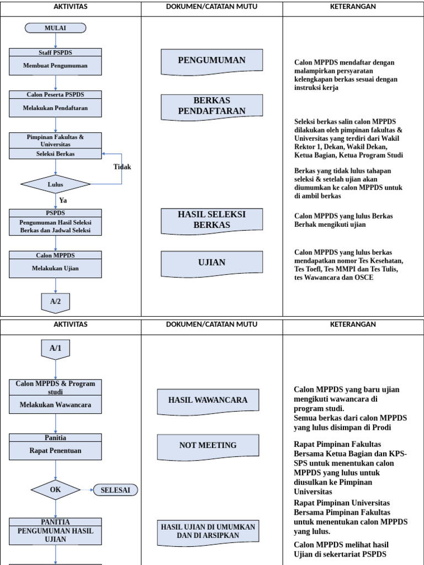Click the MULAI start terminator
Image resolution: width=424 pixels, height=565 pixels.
pyautogui.click(x=55, y=28)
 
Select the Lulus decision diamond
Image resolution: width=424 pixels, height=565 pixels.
pyautogui.click(x=55, y=184)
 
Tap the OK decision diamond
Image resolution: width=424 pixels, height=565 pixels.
pyautogui.click(x=55, y=489)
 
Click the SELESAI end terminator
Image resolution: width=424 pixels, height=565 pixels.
pyautogui.click(x=115, y=490)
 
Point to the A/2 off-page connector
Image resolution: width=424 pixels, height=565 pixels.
pyautogui.click(x=56, y=302)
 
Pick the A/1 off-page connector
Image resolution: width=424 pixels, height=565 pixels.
pyautogui.click(x=56, y=349)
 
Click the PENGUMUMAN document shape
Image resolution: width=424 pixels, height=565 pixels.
pyautogui.click(x=211, y=61)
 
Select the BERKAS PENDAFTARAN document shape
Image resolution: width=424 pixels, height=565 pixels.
pyautogui.click(x=211, y=106)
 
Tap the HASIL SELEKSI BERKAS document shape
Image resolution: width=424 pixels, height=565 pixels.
pyautogui.click(x=211, y=220)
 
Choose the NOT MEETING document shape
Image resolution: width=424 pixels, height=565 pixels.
pyautogui.click(x=208, y=445)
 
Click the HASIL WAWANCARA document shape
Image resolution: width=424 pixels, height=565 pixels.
pyautogui.click(x=208, y=400)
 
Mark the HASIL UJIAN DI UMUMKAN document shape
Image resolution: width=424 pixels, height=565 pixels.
pyautogui.click(x=208, y=531)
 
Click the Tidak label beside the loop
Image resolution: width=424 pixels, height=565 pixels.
pyautogui.click(x=122, y=167)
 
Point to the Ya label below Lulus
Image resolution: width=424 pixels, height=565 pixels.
pyautogui.click(x=63, y=200)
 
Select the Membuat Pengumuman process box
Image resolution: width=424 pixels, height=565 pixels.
pyautogui.click(x=55, y=66)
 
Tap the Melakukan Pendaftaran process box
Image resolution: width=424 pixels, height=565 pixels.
pyautogui.click(x=55, y=108)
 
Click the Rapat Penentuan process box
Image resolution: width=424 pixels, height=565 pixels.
pyautogui.click(x=55, y=451)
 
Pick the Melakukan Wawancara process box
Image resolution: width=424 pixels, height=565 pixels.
pyautogui.click(x=55, y=404)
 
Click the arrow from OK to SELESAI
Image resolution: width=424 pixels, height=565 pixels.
pyautogui.click(x=87, y=490)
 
